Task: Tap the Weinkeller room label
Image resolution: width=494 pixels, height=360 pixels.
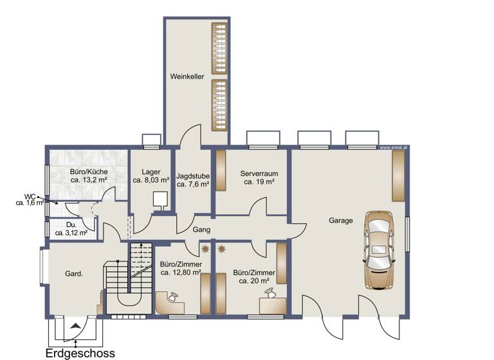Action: pos(187,76)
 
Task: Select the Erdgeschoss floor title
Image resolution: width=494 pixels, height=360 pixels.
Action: pos(80,352)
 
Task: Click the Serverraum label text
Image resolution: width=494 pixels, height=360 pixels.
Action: pos(259,174)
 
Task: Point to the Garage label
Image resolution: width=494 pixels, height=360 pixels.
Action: pos(341,221)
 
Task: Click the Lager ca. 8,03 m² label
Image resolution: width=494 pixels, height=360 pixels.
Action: pos(151,176)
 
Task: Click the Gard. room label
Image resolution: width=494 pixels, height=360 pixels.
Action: pos(74,274)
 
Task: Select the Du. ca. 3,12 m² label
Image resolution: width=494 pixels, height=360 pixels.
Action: pos(71,229)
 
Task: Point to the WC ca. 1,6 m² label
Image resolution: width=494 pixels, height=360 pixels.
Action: pos(30,200)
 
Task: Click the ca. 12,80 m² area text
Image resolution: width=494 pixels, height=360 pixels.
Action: pos(181,273)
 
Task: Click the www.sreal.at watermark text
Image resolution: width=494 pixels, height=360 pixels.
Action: pos(394,147)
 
